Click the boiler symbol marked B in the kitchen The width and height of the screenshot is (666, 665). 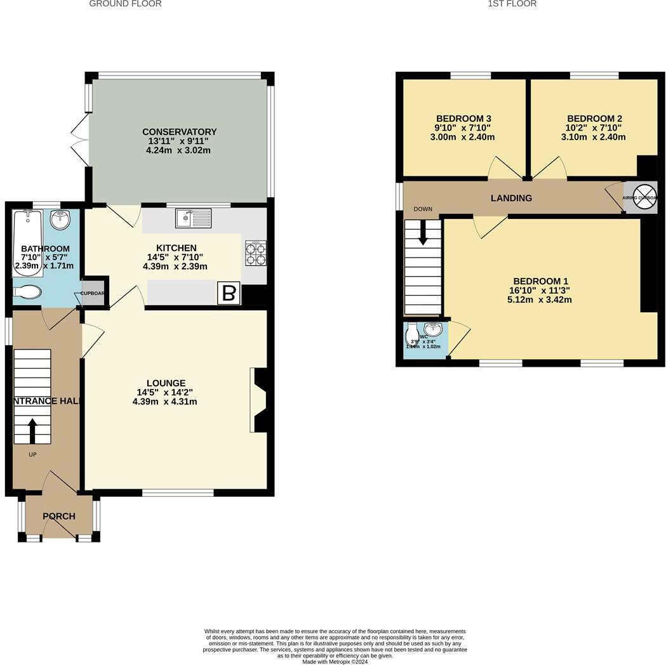pyautogui.click(x=230, y=294)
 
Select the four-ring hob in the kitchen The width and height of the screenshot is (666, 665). pyautogui.click(x=255, y=253)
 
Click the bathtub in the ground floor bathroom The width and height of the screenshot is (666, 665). pyautogui.click(x=27, y=244)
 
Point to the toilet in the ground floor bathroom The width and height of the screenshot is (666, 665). pyautogui.click(x=27, y=292)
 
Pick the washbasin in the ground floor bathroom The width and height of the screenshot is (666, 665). pyautogui.click(x=62, y=221)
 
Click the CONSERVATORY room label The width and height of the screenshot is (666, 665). pyautogui.click(x=179, y=132)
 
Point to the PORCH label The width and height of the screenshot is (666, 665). pyautogui.click(x=59, y=517)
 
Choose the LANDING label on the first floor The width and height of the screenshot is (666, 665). pyautogui.click(x=511, y=198)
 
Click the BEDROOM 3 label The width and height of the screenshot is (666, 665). pyautogui.click(x=463, y=119)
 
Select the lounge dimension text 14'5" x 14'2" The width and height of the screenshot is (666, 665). pyautogui.click(x=164, y=392)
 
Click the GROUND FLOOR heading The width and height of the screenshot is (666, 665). pyautogui.click(x=125, y=4)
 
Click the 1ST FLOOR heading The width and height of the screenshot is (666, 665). pyautogui.click(x=512, y=4)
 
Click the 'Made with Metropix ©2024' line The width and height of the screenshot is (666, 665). pyautogui.click(x=335, y=661)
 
